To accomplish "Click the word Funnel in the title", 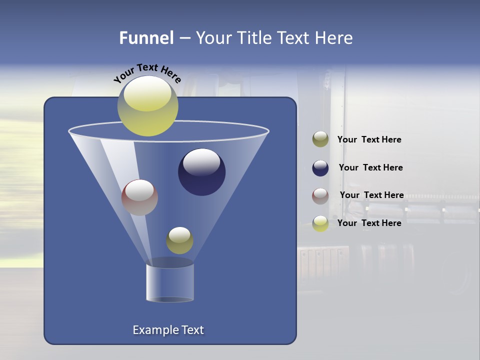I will [x=146, y=38].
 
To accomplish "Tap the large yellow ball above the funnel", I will [x=147, y=106].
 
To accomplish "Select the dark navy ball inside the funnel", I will [x=201, y=172].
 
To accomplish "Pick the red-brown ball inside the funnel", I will [x=139, y=197].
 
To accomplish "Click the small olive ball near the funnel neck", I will [x=179, y=240].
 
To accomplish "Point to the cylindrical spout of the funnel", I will [x=170, y=282].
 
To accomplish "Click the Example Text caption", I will [x=168, y=330].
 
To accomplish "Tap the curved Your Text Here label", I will [x=147, y=73].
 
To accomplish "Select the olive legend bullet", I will [x=320, y=139].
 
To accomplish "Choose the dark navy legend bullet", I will [x=320, y=168].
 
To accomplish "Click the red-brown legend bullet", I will [x=320, y=195].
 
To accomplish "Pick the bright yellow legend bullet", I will [x=320, y=223].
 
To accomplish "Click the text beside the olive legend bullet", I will [x=369, y=139].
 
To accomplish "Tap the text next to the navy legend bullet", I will [x=370, y=167].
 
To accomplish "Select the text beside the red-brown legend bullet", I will [x=371, y=195].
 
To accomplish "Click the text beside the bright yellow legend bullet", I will [x=369, y=223].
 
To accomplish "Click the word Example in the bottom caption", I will [x=154, y=330].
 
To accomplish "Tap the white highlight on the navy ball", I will [x=201, y=162].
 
